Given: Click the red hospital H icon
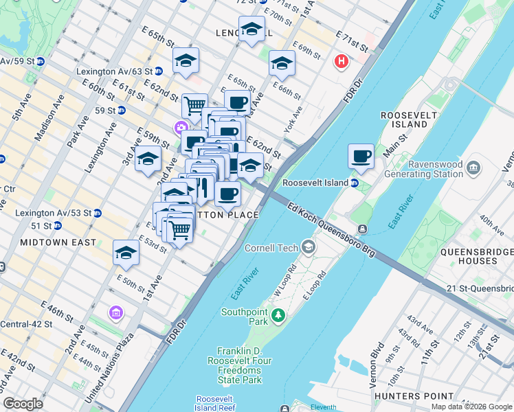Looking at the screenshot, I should point(340,62).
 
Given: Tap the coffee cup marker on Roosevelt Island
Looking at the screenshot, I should point(361,157).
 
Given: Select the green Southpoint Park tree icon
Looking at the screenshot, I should point(278,315).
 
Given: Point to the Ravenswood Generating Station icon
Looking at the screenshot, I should point(473,167).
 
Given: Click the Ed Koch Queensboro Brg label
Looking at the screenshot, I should point(331,230).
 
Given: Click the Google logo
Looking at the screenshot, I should point(23,404).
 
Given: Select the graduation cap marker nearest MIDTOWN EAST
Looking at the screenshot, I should point(126,253).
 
